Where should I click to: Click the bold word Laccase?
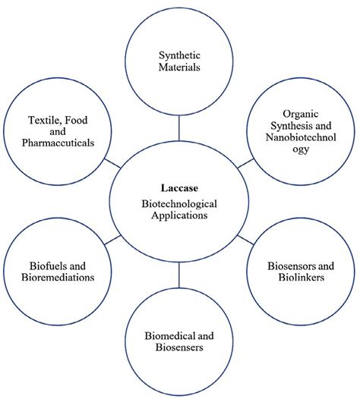tap(179, 187)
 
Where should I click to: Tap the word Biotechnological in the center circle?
tap(179, 203)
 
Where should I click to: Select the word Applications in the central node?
tap(179, 215)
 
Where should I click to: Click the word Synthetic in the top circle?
tap(179, 54)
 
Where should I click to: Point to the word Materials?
tap(179, 67)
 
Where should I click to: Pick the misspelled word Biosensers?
tap(179, 347)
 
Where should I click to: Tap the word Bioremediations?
tap(49, 278)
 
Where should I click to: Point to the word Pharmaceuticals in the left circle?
tap(60, 142)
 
